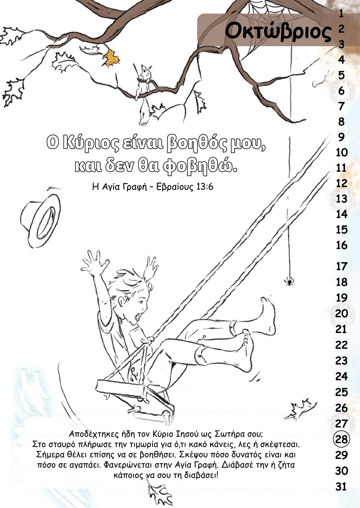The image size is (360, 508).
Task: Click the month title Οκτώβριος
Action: [278, 31]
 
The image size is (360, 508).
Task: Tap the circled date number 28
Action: [341, 439]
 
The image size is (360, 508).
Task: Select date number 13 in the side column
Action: [342, 199]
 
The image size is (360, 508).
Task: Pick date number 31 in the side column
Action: [341, 487]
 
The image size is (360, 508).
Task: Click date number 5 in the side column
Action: [341, 75]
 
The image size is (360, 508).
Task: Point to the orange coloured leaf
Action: [111, 58]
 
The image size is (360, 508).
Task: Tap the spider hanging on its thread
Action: [289, 282]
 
